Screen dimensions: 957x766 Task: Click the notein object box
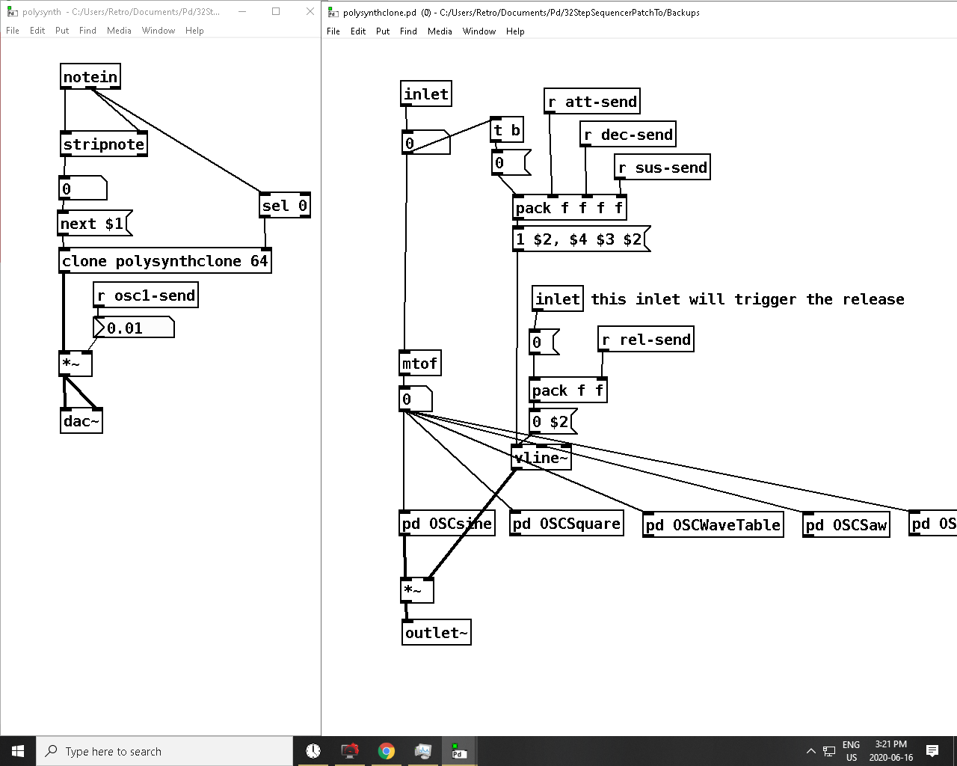pyautogui.click(x=90, y=76)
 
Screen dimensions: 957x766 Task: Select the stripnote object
pyautogui.click(x=104, y=144)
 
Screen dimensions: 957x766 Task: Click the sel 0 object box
pyautogui.click(x=285, y=205)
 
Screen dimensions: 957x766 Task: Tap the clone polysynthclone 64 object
pyautogui.click(x=165, y=260)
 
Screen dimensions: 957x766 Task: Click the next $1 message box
pyautogui.click(x=95, y=223)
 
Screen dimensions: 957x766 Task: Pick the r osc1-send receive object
pyautogui.click(x=146, y=295)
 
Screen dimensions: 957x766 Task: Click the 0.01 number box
pyautogui.click(x=133, y=328)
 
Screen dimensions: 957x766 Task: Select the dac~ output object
pyautogui.click(x=81, y=420)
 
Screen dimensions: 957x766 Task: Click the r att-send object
pyautogui.click(x=592, y=101)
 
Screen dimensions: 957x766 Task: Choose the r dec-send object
pyautogui.click(x=628, y=134)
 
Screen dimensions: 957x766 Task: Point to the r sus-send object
pyautogui.click(x=662, y=167)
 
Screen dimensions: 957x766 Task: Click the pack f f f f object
pyautogui.click(x=570, y=207)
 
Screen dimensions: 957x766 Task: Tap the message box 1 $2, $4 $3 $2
pyautogui.click(x=581, y=239)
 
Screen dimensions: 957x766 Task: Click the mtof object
pyautogui.click(x=420, y=364)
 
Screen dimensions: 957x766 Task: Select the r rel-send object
pyautogui.click(x=646, y=339)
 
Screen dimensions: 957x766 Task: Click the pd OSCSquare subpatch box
pyautogui.click(x=567, y=523)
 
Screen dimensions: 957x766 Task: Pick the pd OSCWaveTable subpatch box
pyautogui.click(x=713, y=525)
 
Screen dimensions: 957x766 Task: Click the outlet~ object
pyautogui.click(x=436, y=632)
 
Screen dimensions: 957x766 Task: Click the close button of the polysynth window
pyautogui.click(x=310, y=11)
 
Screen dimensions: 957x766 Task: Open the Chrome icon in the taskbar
pyautogui.click(x=387, y=751)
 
